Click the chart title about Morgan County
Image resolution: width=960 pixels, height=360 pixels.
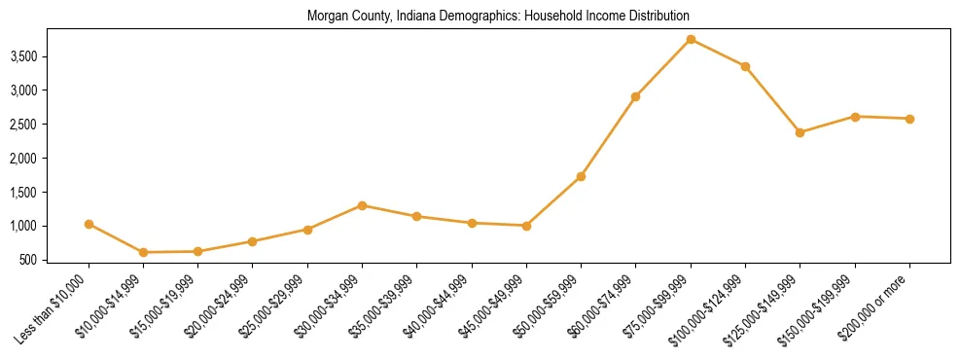(498, 17)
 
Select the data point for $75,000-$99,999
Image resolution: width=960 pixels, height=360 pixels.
(691, 39)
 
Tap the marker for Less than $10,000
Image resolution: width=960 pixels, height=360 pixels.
(89, 224)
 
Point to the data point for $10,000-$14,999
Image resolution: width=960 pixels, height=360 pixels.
(144, 252)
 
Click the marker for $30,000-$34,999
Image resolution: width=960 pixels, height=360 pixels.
(362, 205)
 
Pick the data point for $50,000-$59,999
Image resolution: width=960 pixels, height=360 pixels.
(581, 176)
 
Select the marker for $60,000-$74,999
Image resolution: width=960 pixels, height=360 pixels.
(635, 96)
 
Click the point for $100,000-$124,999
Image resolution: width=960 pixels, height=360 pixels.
(745, 66)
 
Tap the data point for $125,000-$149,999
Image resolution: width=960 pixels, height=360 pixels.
(800, 132)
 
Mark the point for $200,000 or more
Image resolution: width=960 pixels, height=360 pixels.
(909, 119)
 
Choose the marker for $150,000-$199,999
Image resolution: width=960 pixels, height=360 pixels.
(855, 117)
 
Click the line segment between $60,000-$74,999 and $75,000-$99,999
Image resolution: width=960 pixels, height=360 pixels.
(663, 67)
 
